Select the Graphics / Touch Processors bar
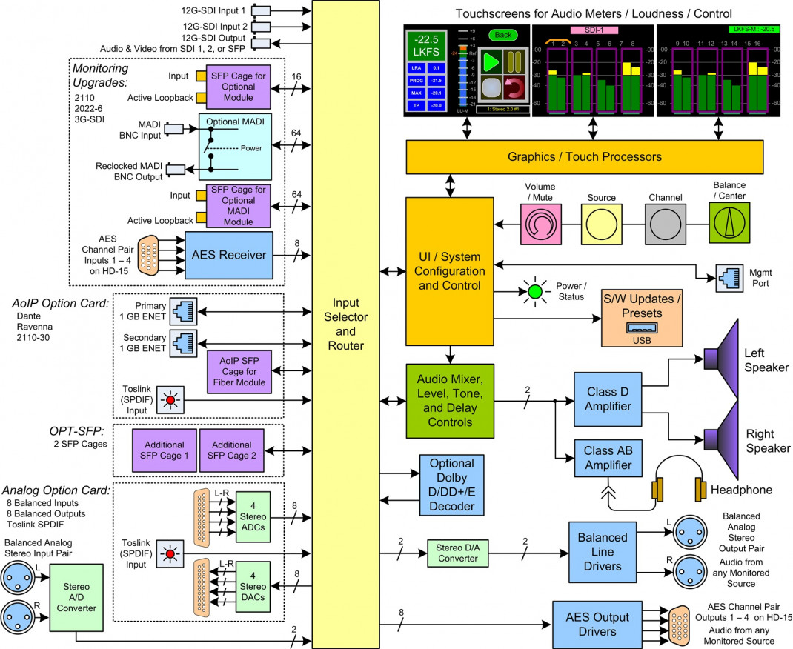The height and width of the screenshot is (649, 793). pyautogui.click(x=584, y=156)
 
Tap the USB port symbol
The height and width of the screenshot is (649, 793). pyautogui.click(x=642, y=328)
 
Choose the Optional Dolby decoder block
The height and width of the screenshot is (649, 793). pyautogui.click(x=451, y=485)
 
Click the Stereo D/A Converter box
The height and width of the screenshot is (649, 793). pyautogui.click(x=457, y=553)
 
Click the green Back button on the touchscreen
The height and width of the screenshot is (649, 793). pyautogui.click(x=503, y=34)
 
